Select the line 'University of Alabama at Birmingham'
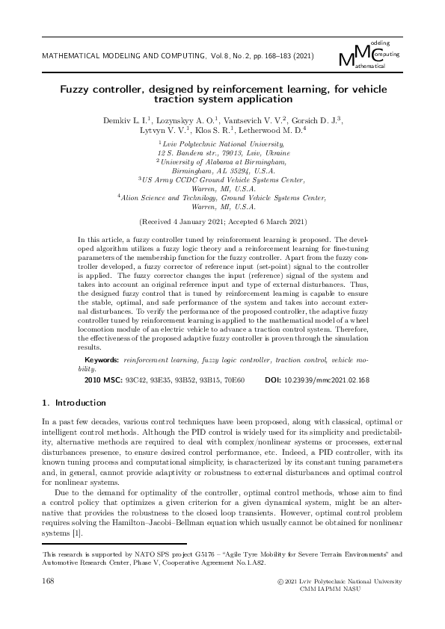click(222, 160)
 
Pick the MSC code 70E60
click(231, 380)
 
